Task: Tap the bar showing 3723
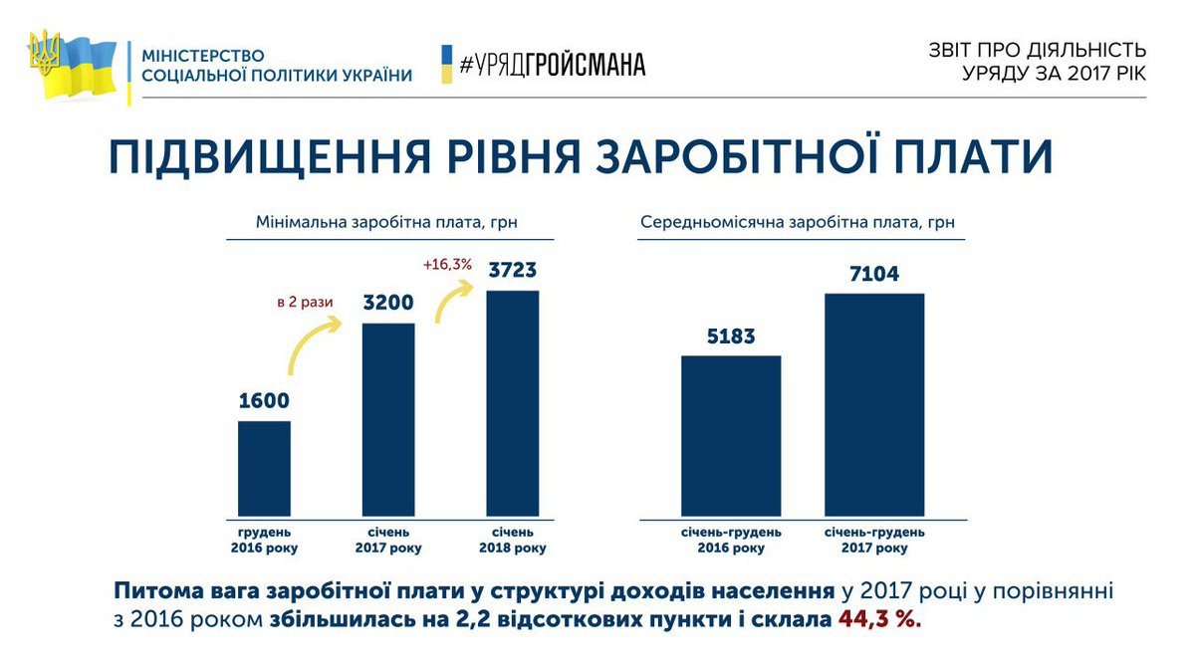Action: coord(512,404)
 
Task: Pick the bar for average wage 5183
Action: coord(731,437)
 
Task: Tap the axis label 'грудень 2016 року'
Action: coord(264,541)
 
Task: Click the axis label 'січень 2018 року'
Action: coord(512,541)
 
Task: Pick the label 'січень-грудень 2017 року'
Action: coord(874,541)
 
